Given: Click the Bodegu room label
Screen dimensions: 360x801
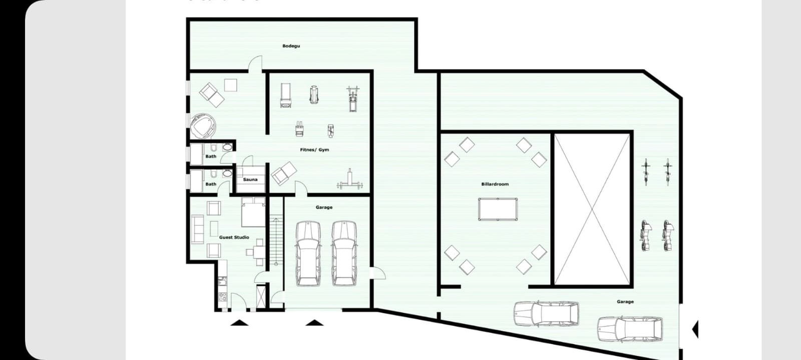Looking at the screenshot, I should (x=291, y=46).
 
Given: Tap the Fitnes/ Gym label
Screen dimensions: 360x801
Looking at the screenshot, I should (x=314, y=150).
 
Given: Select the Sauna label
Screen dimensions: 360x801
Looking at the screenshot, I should (x=250, y=179).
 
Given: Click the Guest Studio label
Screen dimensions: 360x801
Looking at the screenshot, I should (x=234, y=237).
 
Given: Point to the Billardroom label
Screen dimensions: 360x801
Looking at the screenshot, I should (x=495, y=184).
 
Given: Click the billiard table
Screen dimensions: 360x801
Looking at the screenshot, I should (x=497, y=209).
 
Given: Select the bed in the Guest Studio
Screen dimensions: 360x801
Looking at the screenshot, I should (x=253, y=212).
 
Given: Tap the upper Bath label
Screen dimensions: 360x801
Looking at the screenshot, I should (x=211, y=156).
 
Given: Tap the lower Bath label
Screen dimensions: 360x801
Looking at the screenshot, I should (x=211, y=184).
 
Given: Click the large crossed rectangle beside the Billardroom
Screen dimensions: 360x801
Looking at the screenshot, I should (x=592, y=209).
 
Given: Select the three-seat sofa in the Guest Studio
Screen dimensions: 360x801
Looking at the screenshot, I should (x=197, y=229).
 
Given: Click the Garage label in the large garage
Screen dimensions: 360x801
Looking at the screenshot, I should (x=625, y=301).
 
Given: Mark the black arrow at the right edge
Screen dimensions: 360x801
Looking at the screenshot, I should (x=695, y=329).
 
